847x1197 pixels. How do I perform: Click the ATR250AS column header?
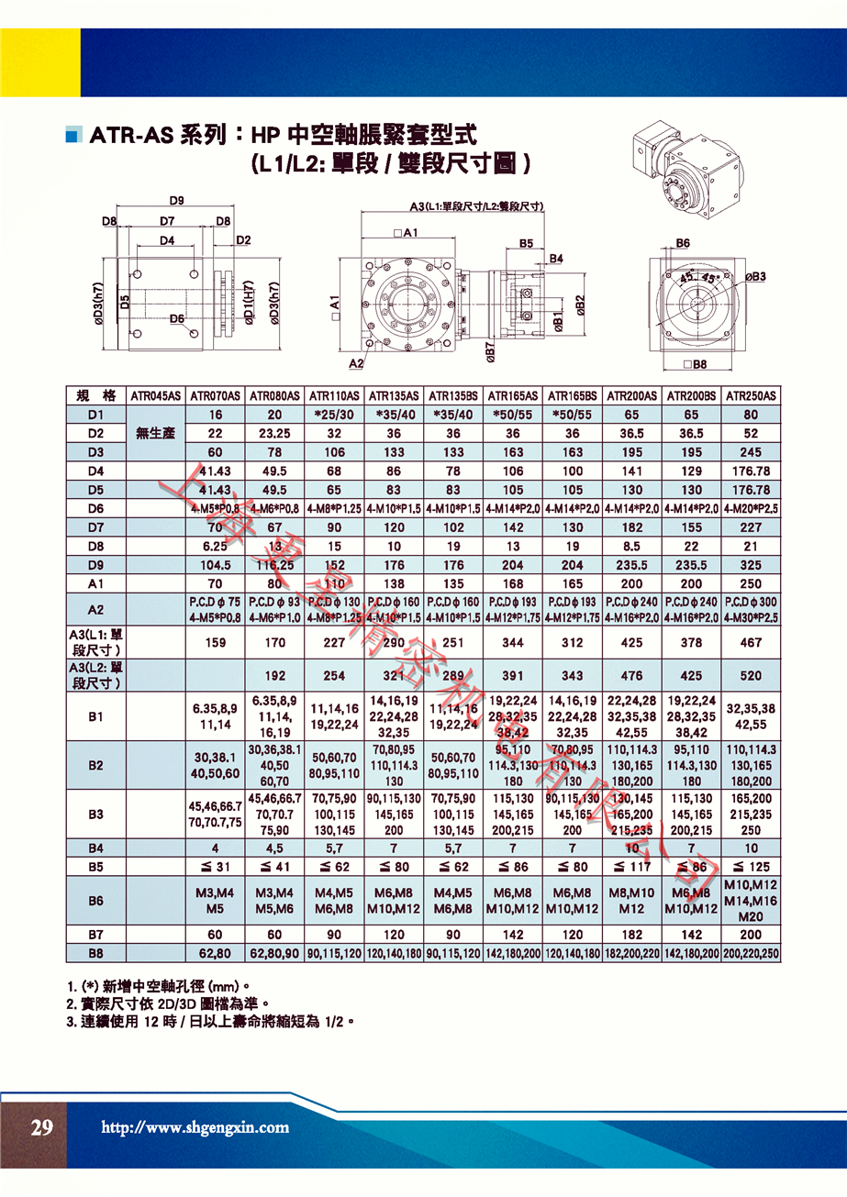[x=751, y=396]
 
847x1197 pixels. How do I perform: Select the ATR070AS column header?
[x=216, y=396]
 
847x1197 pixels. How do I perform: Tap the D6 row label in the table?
[x=95, y=509]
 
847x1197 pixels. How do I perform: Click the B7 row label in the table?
[x=95, y=935]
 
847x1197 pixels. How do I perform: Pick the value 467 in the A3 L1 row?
[x=751, y=642]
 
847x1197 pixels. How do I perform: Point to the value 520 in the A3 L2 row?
[x=751, y=676]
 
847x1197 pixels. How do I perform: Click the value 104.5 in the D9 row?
[x=216, y=566]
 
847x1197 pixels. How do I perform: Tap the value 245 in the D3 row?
[x=751, y=452]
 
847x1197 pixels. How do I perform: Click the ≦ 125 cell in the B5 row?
[x=751, y=866]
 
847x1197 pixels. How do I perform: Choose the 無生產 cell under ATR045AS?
[x=155, y=433]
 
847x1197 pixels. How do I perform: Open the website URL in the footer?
[x=194, y=1128]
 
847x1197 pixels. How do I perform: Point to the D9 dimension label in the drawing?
[x=177, y=201]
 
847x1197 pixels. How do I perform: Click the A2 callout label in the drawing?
[x=356, y=364]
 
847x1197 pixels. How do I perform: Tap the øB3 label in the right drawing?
[x=754, y=276]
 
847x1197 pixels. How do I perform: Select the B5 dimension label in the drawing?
[x=526, y=243]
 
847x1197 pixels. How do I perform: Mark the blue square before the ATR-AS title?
[x=73, y=137]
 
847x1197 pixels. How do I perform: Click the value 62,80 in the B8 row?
[x=216, y=954]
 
